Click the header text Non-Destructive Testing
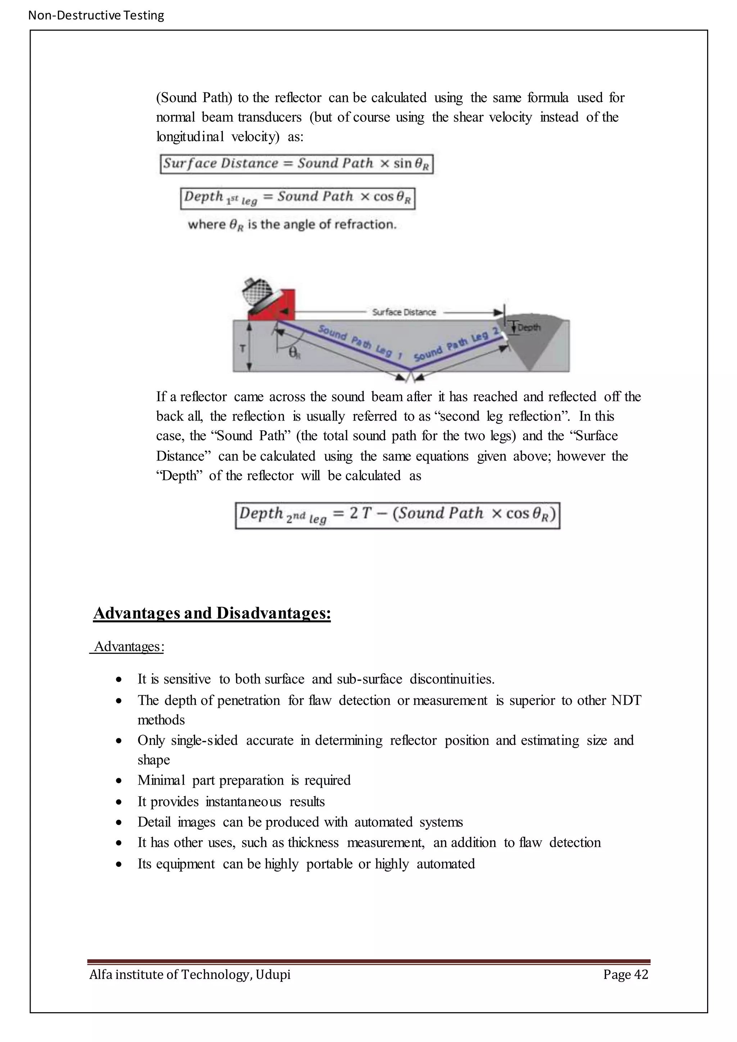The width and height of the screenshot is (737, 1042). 96,15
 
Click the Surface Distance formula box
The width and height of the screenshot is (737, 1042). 297,164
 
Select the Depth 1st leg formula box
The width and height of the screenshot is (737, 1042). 298,198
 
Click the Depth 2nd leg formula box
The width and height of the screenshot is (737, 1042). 398,515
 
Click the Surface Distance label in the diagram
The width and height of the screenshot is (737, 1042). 404,312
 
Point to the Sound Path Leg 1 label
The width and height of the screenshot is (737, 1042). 361,342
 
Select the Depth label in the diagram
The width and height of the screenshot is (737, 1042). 529,327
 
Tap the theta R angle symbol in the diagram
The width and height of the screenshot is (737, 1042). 294,353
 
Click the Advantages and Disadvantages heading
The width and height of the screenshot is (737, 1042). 212,613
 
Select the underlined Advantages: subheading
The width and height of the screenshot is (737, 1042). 128,646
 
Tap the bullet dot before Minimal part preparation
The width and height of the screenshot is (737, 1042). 118,780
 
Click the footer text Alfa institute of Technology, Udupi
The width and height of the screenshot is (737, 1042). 190,974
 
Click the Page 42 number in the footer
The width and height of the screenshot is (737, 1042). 625,974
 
